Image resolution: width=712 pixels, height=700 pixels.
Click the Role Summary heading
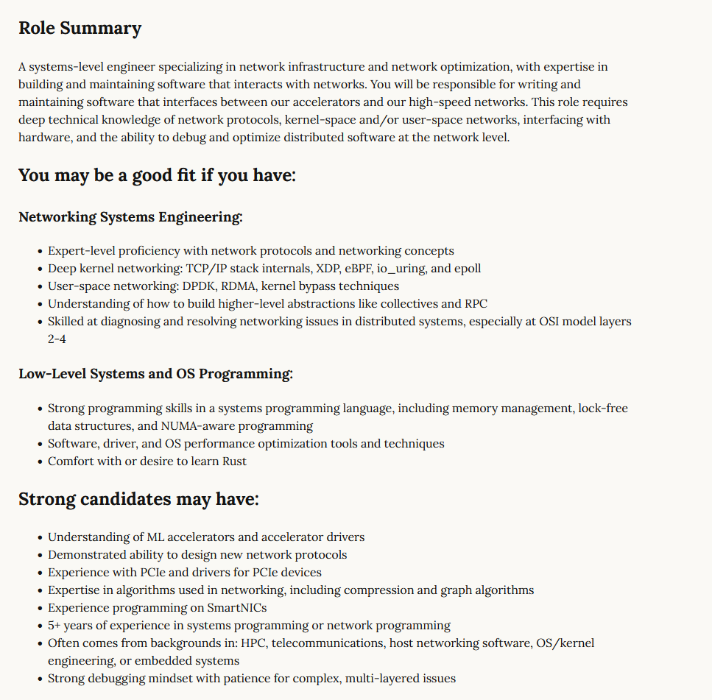[80, 29]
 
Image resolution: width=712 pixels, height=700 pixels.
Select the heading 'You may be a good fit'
[157, 176]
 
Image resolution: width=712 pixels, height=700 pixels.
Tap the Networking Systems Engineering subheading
[130, 217]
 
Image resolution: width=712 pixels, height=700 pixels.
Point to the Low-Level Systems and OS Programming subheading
[155, 374]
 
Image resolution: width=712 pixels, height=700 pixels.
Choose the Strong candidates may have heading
[138, 499]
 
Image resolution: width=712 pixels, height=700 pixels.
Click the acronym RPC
[474, 304]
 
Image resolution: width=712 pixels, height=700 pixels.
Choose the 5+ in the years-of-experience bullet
[55, 626]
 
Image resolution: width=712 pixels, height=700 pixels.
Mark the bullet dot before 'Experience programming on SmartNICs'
[40, 608]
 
